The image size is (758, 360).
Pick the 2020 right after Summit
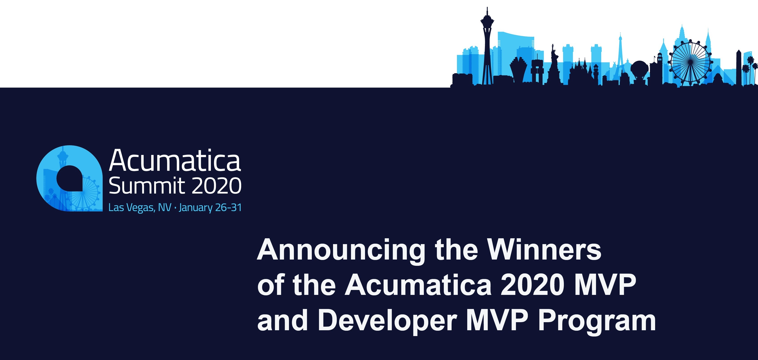[217, 186]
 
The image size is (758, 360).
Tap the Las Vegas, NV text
[140, 208]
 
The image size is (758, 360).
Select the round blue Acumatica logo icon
[69, 178]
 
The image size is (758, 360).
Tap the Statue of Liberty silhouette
[554, 63]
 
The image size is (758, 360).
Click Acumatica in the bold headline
[418, 285]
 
